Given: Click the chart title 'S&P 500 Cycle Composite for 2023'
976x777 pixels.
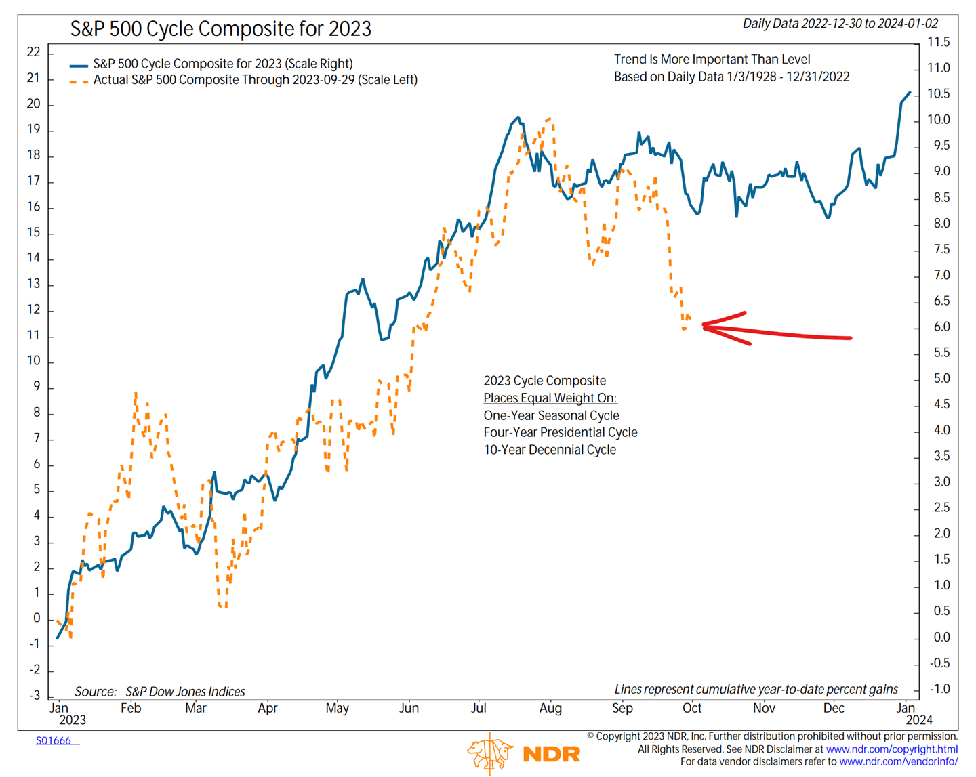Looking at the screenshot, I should point(221,29).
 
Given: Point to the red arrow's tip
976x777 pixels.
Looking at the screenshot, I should point(704,327).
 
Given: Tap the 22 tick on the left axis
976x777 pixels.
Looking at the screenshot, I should point(33,52).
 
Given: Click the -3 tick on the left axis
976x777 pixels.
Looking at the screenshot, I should point(33,696).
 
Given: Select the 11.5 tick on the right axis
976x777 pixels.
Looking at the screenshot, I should point(938,42).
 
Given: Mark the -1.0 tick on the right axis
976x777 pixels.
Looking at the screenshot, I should point(938,689).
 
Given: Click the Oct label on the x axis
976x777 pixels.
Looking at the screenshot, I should point(692,709).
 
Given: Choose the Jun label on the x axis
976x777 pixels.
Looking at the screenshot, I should point(409,709).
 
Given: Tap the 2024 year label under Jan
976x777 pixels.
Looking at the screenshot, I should point(919,720).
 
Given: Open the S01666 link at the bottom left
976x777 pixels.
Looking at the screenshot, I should point(54,741).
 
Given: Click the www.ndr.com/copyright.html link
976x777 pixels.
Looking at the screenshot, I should point(891,749).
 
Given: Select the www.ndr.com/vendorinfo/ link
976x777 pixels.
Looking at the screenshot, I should point(898,762).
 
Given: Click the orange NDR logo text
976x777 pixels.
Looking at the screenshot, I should point(552,754).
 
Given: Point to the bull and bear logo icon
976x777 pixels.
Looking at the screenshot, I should point(489,753).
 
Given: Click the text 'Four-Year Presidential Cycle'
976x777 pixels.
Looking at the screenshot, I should point(560,432).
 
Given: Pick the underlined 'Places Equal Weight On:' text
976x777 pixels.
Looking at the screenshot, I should point(550,398).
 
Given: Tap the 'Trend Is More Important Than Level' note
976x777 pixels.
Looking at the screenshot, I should point(712,60).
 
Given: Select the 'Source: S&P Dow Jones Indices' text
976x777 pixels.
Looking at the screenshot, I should point(159,692).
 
